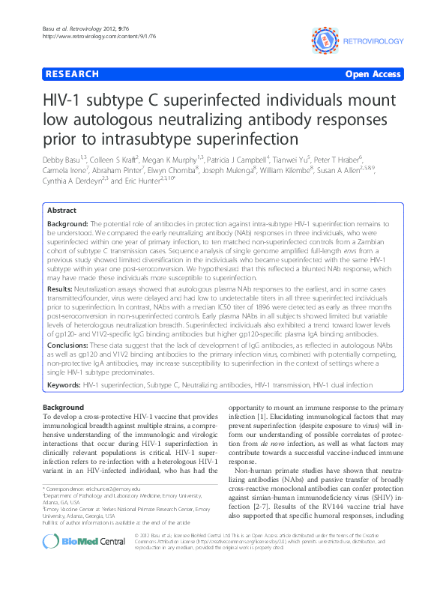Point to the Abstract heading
tap(63, 211)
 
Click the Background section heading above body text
tap(64, 406)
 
